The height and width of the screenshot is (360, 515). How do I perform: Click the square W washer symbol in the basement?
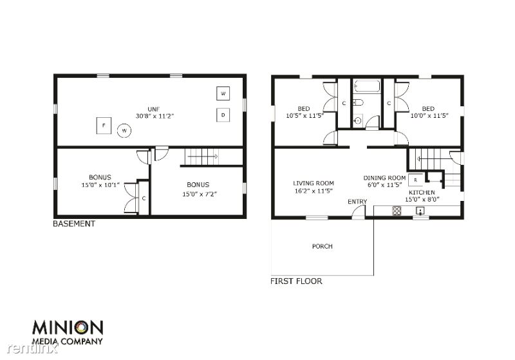coord(223,93)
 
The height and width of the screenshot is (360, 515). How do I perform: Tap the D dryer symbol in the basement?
coord(223,115)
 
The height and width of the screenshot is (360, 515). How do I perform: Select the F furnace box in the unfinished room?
coord(104,126)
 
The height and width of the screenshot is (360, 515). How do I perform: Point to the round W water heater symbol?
coord(124,131)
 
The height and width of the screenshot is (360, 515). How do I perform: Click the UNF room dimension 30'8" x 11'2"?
coord(154,116)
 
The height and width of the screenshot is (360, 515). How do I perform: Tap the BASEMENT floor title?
coord(74,223)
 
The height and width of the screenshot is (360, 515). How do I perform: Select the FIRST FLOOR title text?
coord(296,281)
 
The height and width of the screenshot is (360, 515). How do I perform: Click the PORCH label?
coord(323,247)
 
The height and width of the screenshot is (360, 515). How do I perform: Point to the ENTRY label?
coord(357,202)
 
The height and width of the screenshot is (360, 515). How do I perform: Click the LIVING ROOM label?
coord(314,184)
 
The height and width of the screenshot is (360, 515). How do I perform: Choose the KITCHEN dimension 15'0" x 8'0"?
coord(422,199)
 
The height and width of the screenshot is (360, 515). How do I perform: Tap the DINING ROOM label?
coord(384,178)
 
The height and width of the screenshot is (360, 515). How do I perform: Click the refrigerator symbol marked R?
coord(415,180)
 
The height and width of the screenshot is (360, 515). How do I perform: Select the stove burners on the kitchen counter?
coord(397,211)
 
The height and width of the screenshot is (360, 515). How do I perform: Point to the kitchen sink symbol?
coord(420,211)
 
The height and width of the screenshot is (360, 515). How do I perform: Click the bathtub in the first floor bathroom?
coord(367,87)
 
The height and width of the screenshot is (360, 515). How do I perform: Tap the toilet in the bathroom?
coord(358,102)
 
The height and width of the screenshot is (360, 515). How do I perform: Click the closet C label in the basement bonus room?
coord(144,198)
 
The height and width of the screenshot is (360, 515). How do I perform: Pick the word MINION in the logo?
coord(68,328)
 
